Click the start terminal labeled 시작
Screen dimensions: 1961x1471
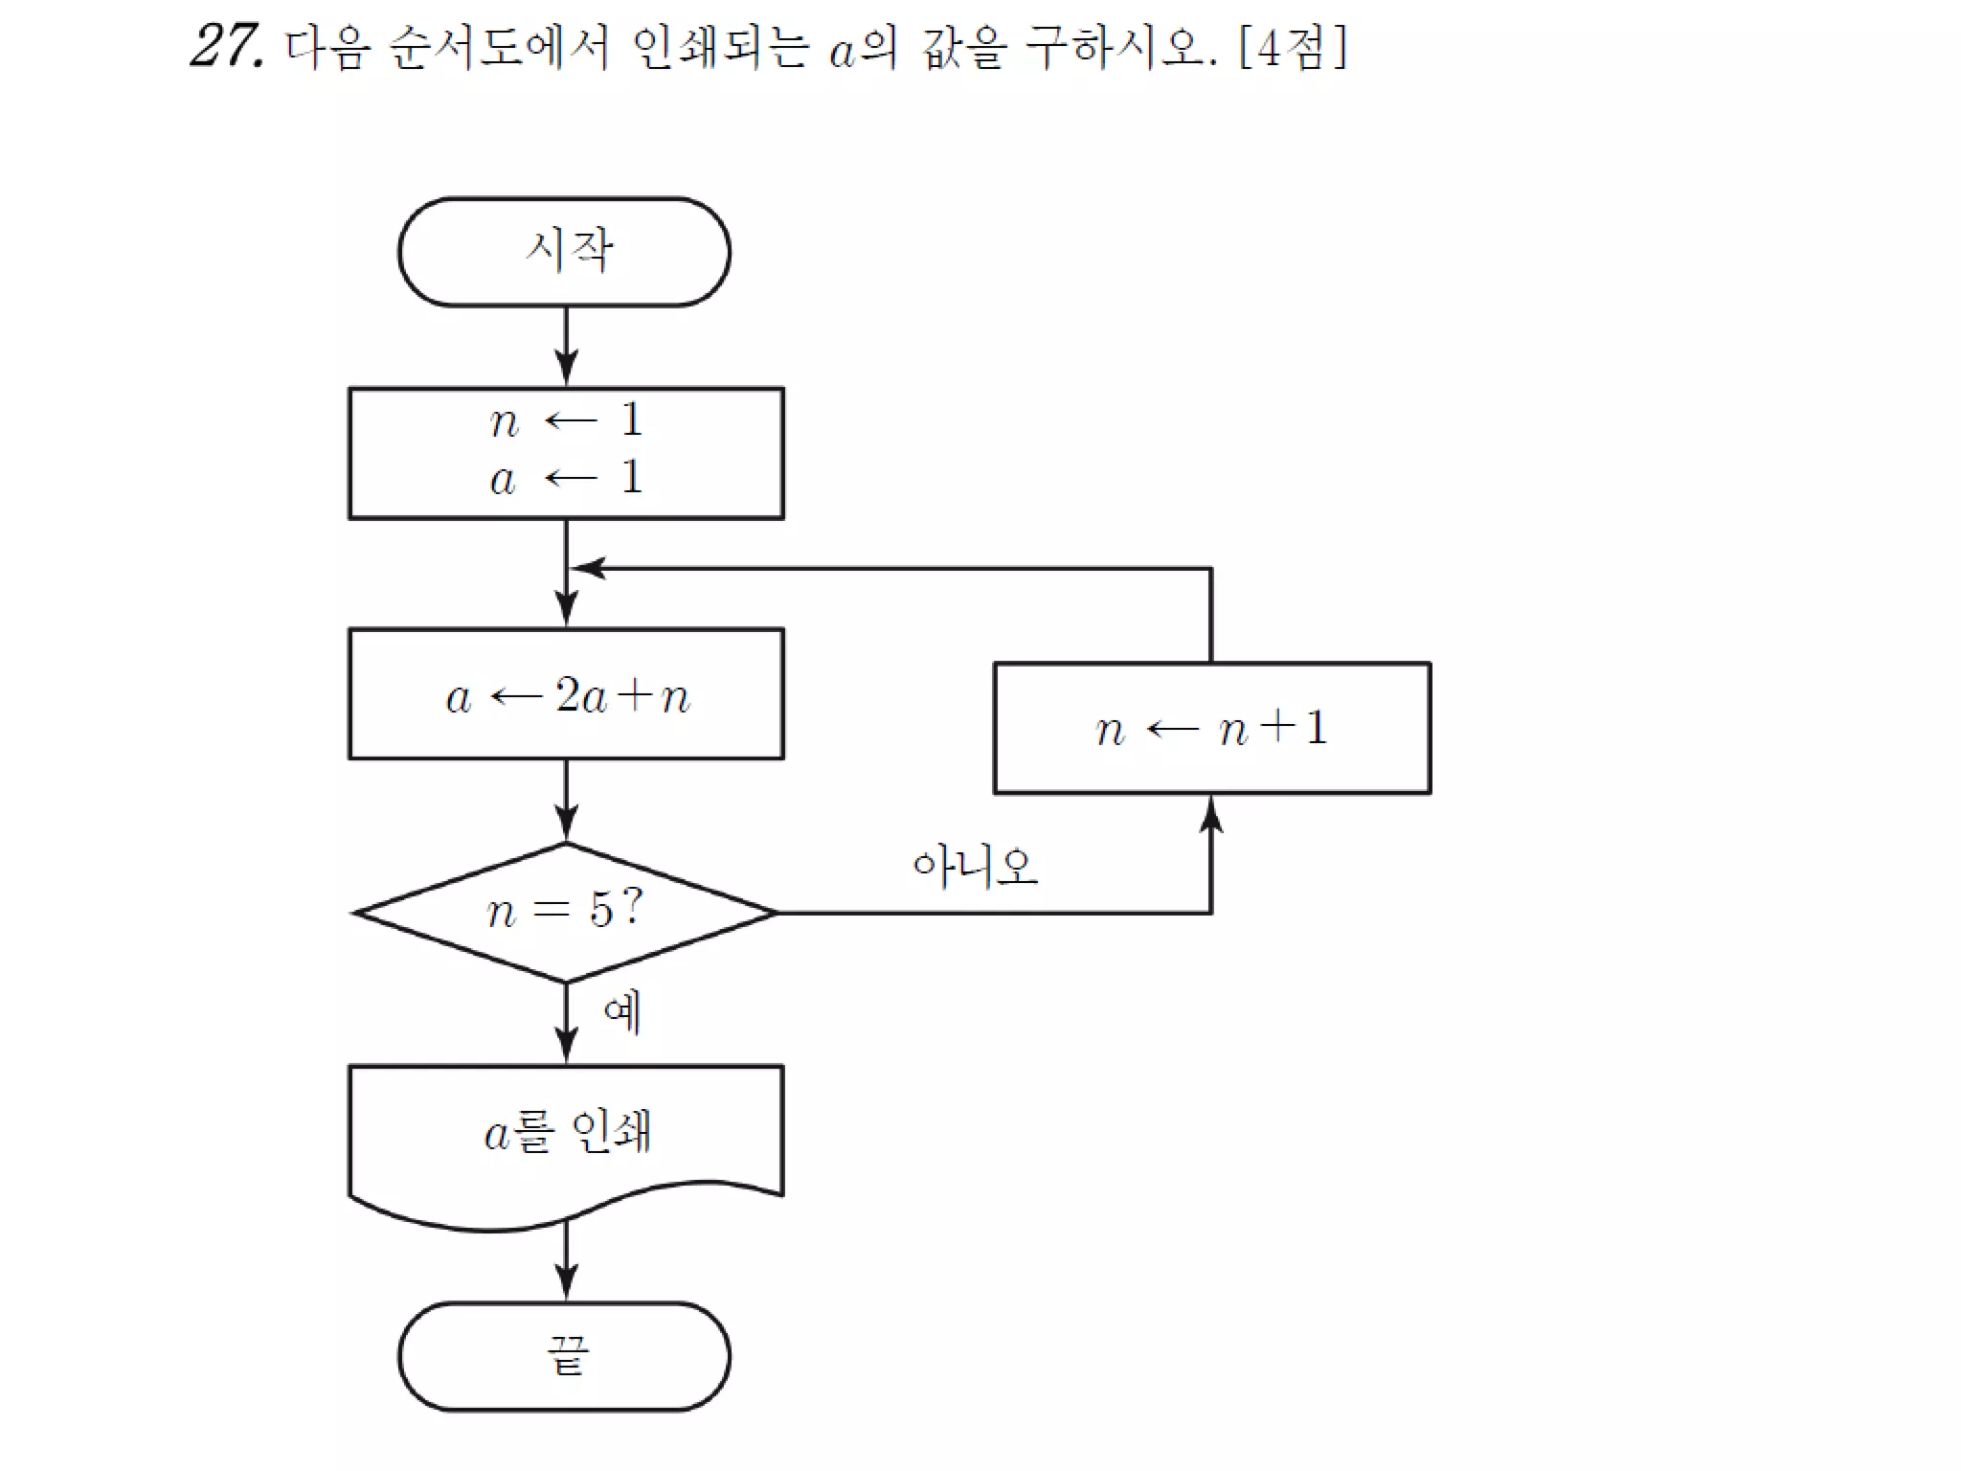[564, 252]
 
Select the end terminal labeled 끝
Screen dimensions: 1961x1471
[564, 1356]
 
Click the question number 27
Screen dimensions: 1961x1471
[226, 46]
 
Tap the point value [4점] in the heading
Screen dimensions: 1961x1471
[1293, 47]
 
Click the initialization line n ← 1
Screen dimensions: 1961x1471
[565, 420]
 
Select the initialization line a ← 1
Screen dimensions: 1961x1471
[565, 478]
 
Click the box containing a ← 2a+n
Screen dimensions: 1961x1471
[566, 694]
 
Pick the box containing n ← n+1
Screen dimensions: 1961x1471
[1211, 729]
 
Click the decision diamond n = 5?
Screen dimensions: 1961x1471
[565, 912]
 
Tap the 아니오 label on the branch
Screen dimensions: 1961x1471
[975, 867]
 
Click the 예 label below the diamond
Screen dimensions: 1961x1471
[622, 1013]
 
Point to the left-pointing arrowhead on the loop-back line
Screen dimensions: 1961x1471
[588, 569]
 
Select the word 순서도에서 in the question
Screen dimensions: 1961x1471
[499, 48]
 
